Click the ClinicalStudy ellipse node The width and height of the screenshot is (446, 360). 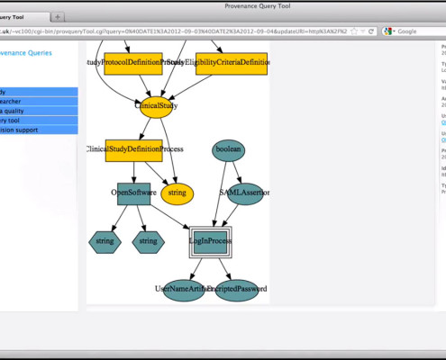(156, 106)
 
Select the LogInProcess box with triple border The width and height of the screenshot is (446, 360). (210, 241)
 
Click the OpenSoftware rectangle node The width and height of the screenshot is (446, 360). (133, 193)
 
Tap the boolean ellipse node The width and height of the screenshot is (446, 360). (230, 149)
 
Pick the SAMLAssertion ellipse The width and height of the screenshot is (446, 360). (243, 193)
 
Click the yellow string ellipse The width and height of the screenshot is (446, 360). (177, 193)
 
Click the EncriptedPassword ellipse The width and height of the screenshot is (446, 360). (237, 290)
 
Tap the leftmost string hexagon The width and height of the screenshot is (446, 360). (105, 241)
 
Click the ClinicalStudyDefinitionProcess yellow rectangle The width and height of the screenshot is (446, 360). (133, 149)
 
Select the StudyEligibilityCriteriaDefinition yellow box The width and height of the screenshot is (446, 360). (231, 62)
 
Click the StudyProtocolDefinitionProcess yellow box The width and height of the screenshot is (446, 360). (132, 62)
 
